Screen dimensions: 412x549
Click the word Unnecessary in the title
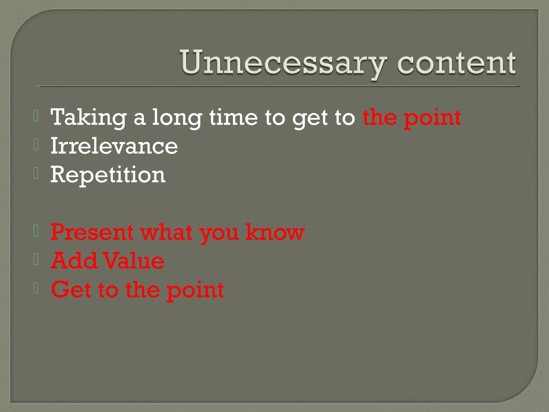(x=283, y=63)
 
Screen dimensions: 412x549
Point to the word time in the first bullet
(x=233, y=117)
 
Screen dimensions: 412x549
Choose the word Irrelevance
(x=114, y=146)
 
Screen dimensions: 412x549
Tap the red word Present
(x=92, y=232)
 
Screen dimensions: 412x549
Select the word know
(x=275, y=232)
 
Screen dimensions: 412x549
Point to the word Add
(x=74, y=261)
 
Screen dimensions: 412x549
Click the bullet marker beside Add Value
(x=36, y=259)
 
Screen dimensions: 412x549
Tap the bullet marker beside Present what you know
(x=36, y=231)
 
